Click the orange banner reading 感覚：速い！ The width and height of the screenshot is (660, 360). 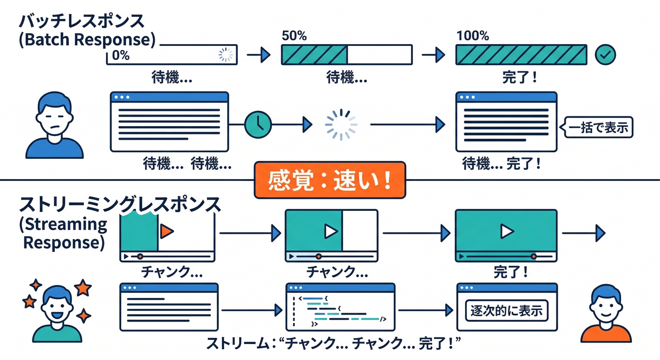[x=330, y=180]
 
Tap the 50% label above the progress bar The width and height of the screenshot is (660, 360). [x=294, y=36]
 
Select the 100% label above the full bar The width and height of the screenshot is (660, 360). [x=472, y=36]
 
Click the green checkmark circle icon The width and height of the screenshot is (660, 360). [x=605, y=55]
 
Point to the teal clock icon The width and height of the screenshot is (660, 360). [x=258, y=124]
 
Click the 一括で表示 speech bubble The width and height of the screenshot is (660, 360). [x=598, y=127]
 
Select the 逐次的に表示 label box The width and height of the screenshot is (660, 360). [x=506, y=311]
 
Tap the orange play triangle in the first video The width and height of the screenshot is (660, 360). [x=167, y=231]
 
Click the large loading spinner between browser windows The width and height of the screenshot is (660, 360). [x=341, y=125]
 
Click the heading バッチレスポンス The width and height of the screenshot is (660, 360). [x=82, y=22]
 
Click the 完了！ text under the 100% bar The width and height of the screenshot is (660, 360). [x=519, y=77]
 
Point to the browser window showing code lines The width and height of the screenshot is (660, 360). [x=340, y=307]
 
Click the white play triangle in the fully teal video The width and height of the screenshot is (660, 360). [x=506, y=231]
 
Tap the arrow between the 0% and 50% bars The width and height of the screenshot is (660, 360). [x=259, y=55]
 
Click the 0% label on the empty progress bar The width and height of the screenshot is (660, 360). [x=120, y=55]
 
